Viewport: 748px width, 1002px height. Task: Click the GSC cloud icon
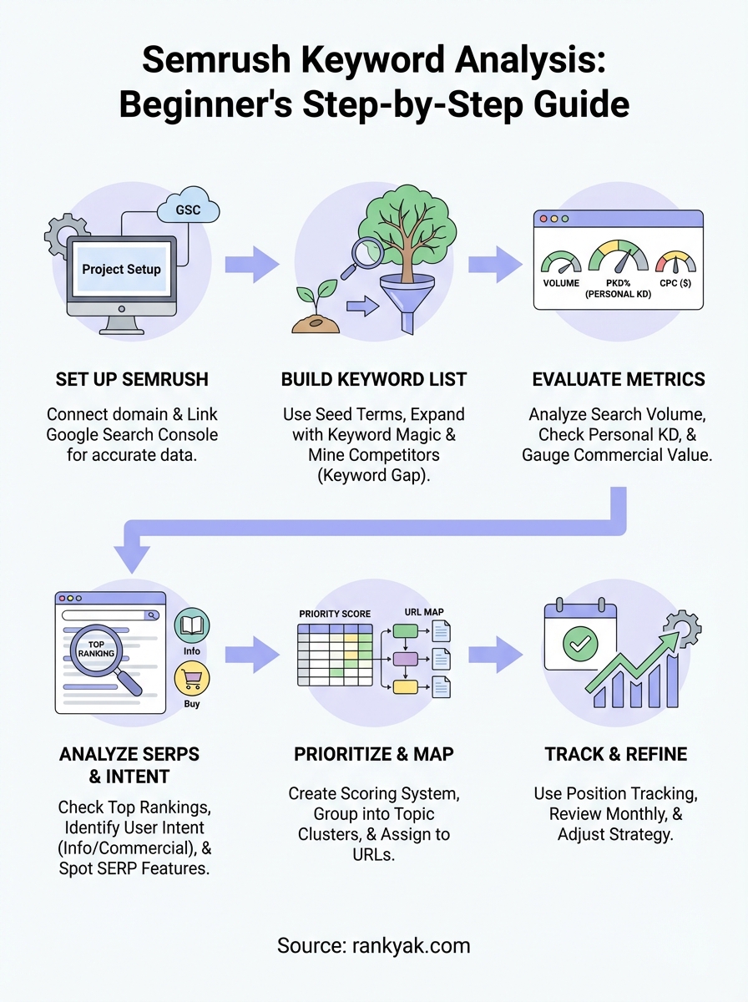point(188,210)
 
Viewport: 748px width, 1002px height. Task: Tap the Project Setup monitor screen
point(121,269)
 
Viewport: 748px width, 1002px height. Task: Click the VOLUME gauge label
point(561,282)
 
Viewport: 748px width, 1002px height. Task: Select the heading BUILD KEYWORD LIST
point(374,379)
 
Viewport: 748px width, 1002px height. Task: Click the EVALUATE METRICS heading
point(619,379)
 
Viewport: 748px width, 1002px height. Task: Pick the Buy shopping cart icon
point(192,679)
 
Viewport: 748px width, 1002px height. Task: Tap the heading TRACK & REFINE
point(616,754)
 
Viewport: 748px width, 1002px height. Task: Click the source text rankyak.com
point(374,946)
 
